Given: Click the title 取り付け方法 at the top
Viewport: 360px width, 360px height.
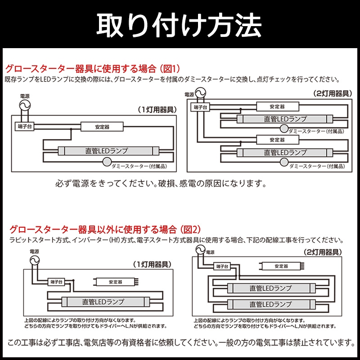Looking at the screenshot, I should point(180,25).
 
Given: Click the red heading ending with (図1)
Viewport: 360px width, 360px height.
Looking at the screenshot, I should point(92,69).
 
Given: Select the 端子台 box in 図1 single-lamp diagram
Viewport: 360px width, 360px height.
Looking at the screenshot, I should point(25,127).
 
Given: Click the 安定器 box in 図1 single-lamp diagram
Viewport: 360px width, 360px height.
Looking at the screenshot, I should point(102,127).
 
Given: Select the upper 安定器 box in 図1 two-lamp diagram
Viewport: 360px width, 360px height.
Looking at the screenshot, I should point(277,107).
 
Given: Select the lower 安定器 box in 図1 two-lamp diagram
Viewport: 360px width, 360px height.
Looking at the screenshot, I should point(277,140).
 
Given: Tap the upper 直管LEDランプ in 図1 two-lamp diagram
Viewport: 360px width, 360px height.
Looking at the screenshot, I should point(285,119).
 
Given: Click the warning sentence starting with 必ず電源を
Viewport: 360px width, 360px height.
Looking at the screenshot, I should point(161,184).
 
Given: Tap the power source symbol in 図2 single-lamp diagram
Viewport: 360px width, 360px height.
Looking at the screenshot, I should point(34,261).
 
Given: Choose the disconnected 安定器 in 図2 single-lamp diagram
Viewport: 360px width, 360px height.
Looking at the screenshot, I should point(114,282).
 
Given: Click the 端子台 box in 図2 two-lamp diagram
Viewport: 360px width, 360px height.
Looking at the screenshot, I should point(221,267).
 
